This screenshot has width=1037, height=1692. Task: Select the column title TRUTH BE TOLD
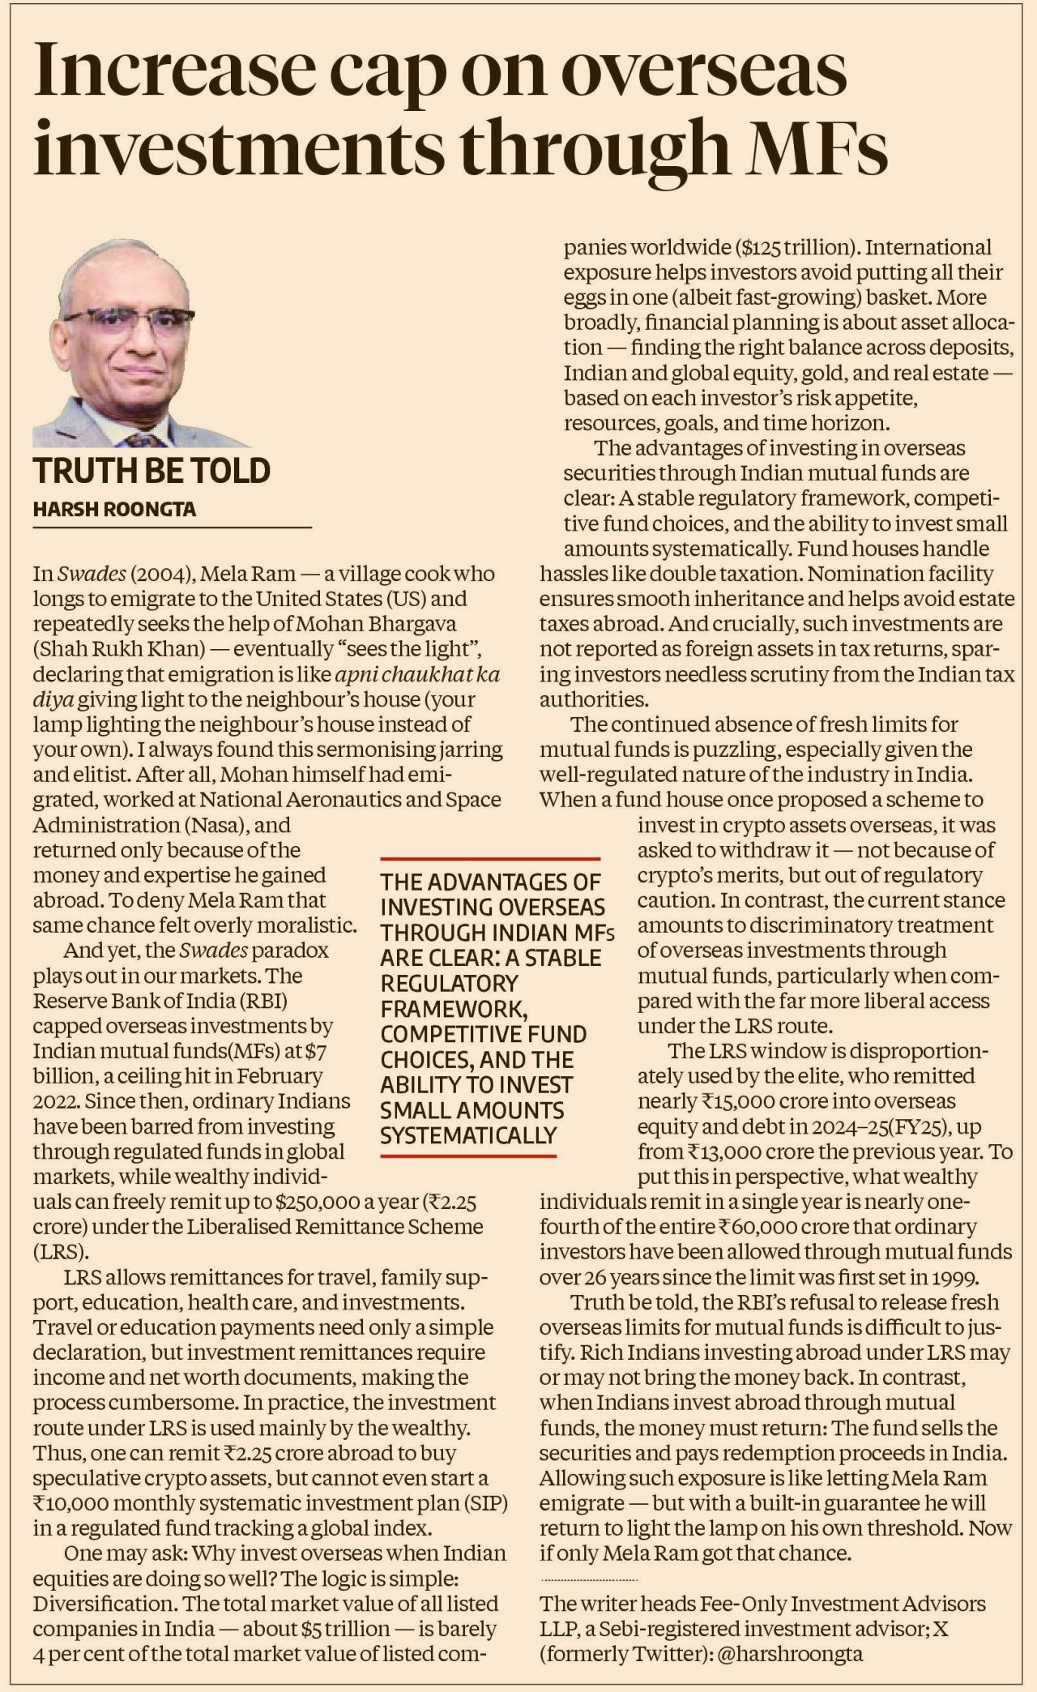coord(151,472)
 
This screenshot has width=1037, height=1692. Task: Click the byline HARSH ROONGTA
coord(114,509)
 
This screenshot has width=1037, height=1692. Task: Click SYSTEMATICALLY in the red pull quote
coord(468,1135)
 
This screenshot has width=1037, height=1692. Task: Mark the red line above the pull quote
coord(490,857)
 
